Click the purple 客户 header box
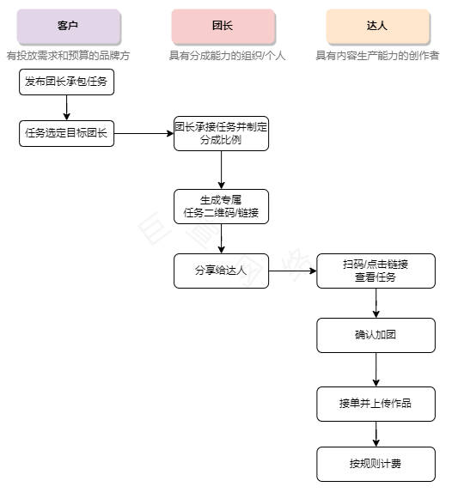click(x=67, y=27)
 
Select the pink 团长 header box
click(x=222, y=27)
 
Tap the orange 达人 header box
click(x=376, y=27)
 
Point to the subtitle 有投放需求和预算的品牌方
click(x=67, y=55)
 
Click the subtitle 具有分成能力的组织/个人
click(x=222, y=55)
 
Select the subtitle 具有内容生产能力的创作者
click(x=376, y=55)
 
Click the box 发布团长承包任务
click(x=66, y=82)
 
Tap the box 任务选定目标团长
click(x=66, y=133)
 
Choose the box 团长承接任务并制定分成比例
click(x=221, y=133)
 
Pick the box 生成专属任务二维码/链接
click(x=221, y=206)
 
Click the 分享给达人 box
click(x=221, y=271)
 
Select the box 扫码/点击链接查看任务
click(x=376, y=271)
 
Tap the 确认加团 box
click(x=376, y=335)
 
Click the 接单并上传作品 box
click(x=376, y=404)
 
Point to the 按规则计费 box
click(x=376, y=464)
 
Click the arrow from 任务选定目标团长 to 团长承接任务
click(x=144, y=133)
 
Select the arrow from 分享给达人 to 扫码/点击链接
click(x=292, y=271)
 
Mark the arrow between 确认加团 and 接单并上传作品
click(x=376, y=369)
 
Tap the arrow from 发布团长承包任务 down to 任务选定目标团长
click(x=66, y=107)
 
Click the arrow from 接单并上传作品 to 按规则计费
click(x=376, y=434)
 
